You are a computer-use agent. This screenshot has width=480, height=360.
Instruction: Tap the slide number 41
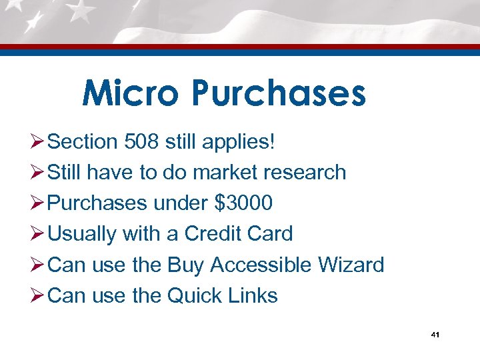435,335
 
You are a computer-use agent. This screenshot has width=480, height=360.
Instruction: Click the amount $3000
243,203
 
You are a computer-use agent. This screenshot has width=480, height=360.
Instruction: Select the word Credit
211,233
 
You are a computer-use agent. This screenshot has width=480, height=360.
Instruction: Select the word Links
254,295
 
